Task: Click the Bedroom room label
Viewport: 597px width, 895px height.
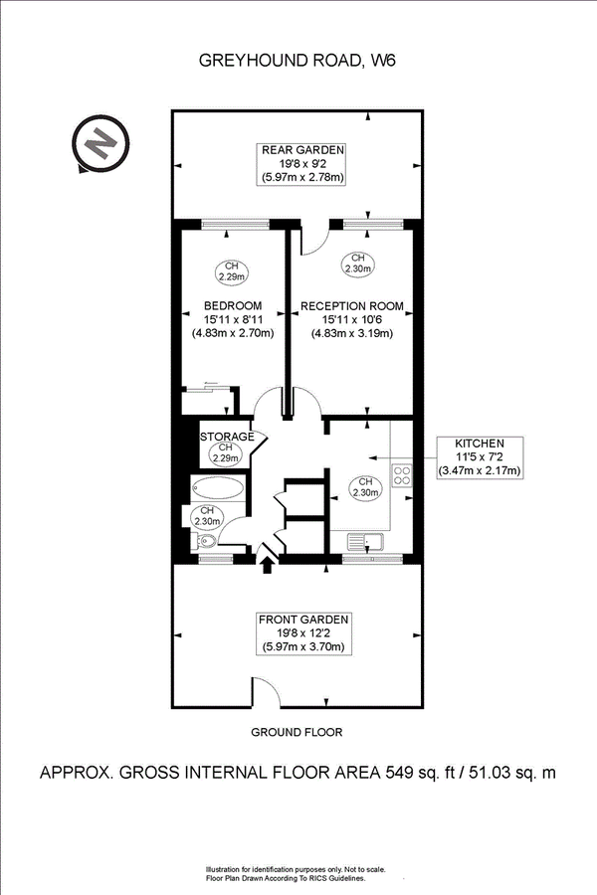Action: [232, 305]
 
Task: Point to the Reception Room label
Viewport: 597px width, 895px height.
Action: [352, 306]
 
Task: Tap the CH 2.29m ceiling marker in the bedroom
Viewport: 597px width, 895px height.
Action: [232, 270]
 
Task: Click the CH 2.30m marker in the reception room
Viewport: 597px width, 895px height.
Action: [358, 263]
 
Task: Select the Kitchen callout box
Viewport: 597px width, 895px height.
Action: [480, 456]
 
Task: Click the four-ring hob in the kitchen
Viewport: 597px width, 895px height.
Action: [403, 473]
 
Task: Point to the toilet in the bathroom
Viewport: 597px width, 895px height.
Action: [203, 542]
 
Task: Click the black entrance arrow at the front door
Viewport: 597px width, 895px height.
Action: [267, 566]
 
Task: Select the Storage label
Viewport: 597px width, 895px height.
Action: [227, 437]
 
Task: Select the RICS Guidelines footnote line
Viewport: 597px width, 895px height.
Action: [284, 878]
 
